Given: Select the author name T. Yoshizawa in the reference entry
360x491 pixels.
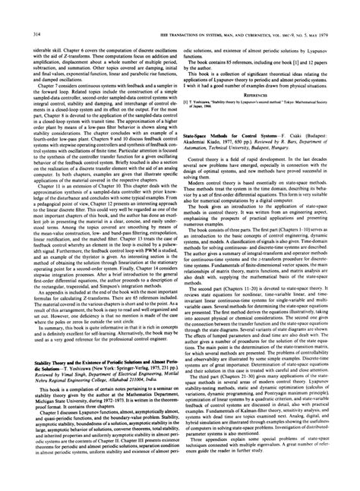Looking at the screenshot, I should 215,80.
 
